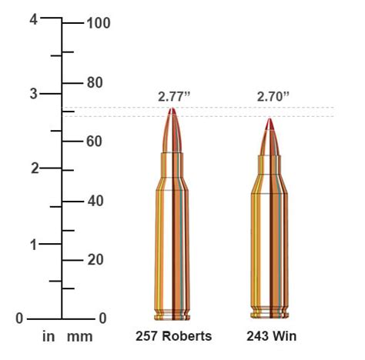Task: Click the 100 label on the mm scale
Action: (x=99, y=23)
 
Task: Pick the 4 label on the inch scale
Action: (x=33, y=20)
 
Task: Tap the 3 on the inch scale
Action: (x=33, y=94)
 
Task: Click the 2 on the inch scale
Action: (x=33, y=168)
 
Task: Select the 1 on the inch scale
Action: (x=33, y=244)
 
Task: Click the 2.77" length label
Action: (x=173, y=96)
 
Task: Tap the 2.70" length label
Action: (x=273, y=96)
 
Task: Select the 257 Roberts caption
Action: (x=173, y=337)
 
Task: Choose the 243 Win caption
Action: (x=272, y=337)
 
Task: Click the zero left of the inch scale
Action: (x=21, y=318)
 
